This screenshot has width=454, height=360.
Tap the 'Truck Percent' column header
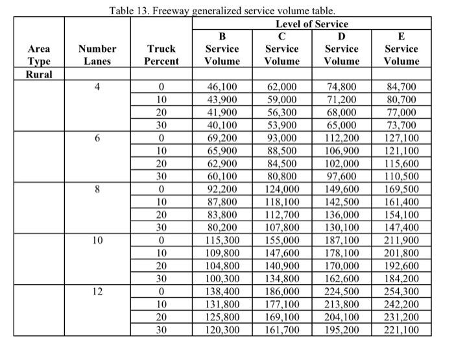click(161, 55)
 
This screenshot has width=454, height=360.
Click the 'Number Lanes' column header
click(97, 55)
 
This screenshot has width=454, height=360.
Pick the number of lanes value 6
click(97, 138)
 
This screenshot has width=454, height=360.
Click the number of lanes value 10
click(97, 241)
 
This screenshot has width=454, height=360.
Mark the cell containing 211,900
click(401, 241)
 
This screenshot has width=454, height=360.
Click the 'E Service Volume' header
click(401, 49)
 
